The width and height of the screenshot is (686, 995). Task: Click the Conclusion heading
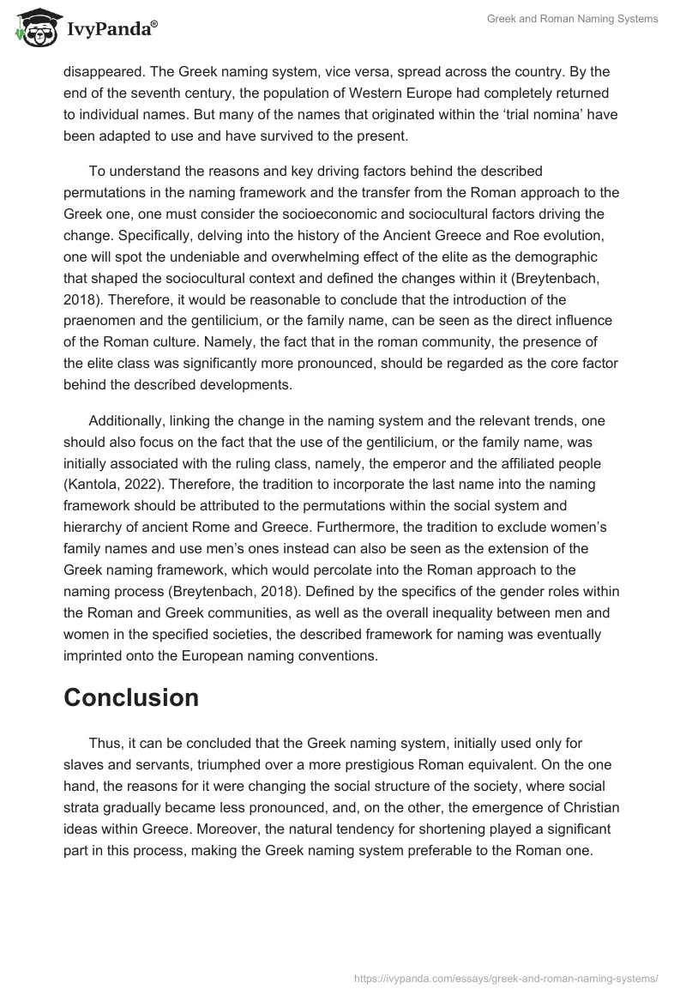pos(131,697)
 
